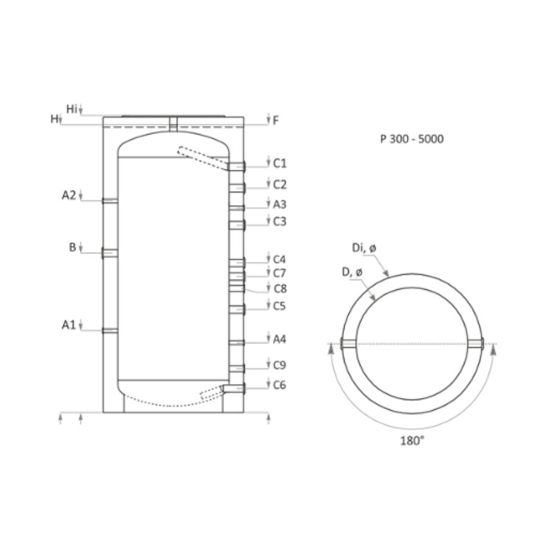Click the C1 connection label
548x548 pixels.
click(x=279, y=163)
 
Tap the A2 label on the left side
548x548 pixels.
click(x=68, y=195)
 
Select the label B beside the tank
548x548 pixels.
click(x=72, y=247)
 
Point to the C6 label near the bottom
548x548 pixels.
click(x=279, y=385)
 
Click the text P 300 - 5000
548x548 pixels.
click(x=412, y=139)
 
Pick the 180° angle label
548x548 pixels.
click(x=412, y=441)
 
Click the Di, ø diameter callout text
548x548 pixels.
click(x=364, y=248)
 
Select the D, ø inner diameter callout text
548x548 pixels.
click(x=352, y=272)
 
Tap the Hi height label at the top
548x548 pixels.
click(x=71, y=109)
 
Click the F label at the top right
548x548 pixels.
click(x=276, y=121)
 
